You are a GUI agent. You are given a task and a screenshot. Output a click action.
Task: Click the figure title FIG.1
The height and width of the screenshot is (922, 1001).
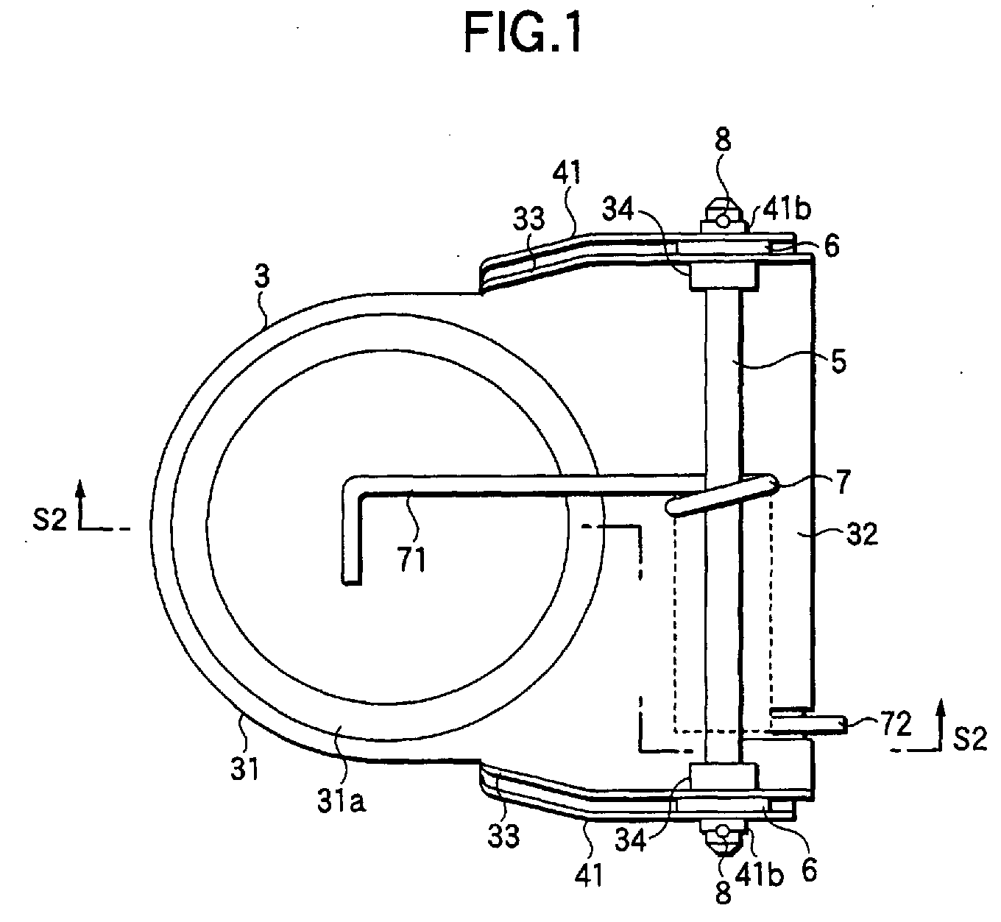523,33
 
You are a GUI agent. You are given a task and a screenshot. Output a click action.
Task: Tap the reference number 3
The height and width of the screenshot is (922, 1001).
262,276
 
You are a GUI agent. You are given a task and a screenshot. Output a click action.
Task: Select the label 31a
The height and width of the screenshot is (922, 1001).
342,801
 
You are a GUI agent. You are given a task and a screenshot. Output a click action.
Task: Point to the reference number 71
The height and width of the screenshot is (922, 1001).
412,558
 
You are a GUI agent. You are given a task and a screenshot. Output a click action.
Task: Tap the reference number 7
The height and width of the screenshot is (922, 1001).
842,482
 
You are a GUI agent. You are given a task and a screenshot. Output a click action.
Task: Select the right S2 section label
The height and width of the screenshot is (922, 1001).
970,740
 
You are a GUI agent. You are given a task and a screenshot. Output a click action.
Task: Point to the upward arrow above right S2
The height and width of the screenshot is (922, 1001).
941,724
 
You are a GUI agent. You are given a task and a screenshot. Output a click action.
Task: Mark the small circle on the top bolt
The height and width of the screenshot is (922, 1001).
723,219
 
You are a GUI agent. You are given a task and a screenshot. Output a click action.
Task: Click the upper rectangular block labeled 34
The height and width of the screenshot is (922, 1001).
724,275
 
